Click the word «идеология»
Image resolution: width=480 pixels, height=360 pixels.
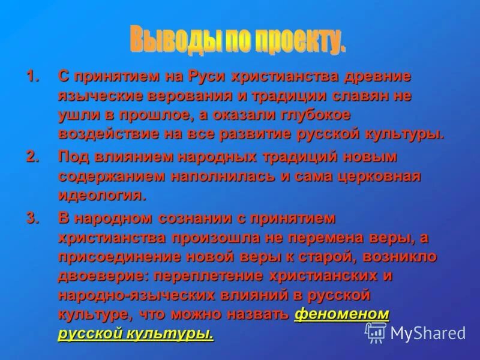pyautogui.click(x=101, y=195)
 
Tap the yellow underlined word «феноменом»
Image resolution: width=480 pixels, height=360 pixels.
pyautogui.click(x=342, y=314)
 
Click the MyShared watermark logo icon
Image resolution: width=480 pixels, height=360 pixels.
pyautogui.click(x=376, y=332)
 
